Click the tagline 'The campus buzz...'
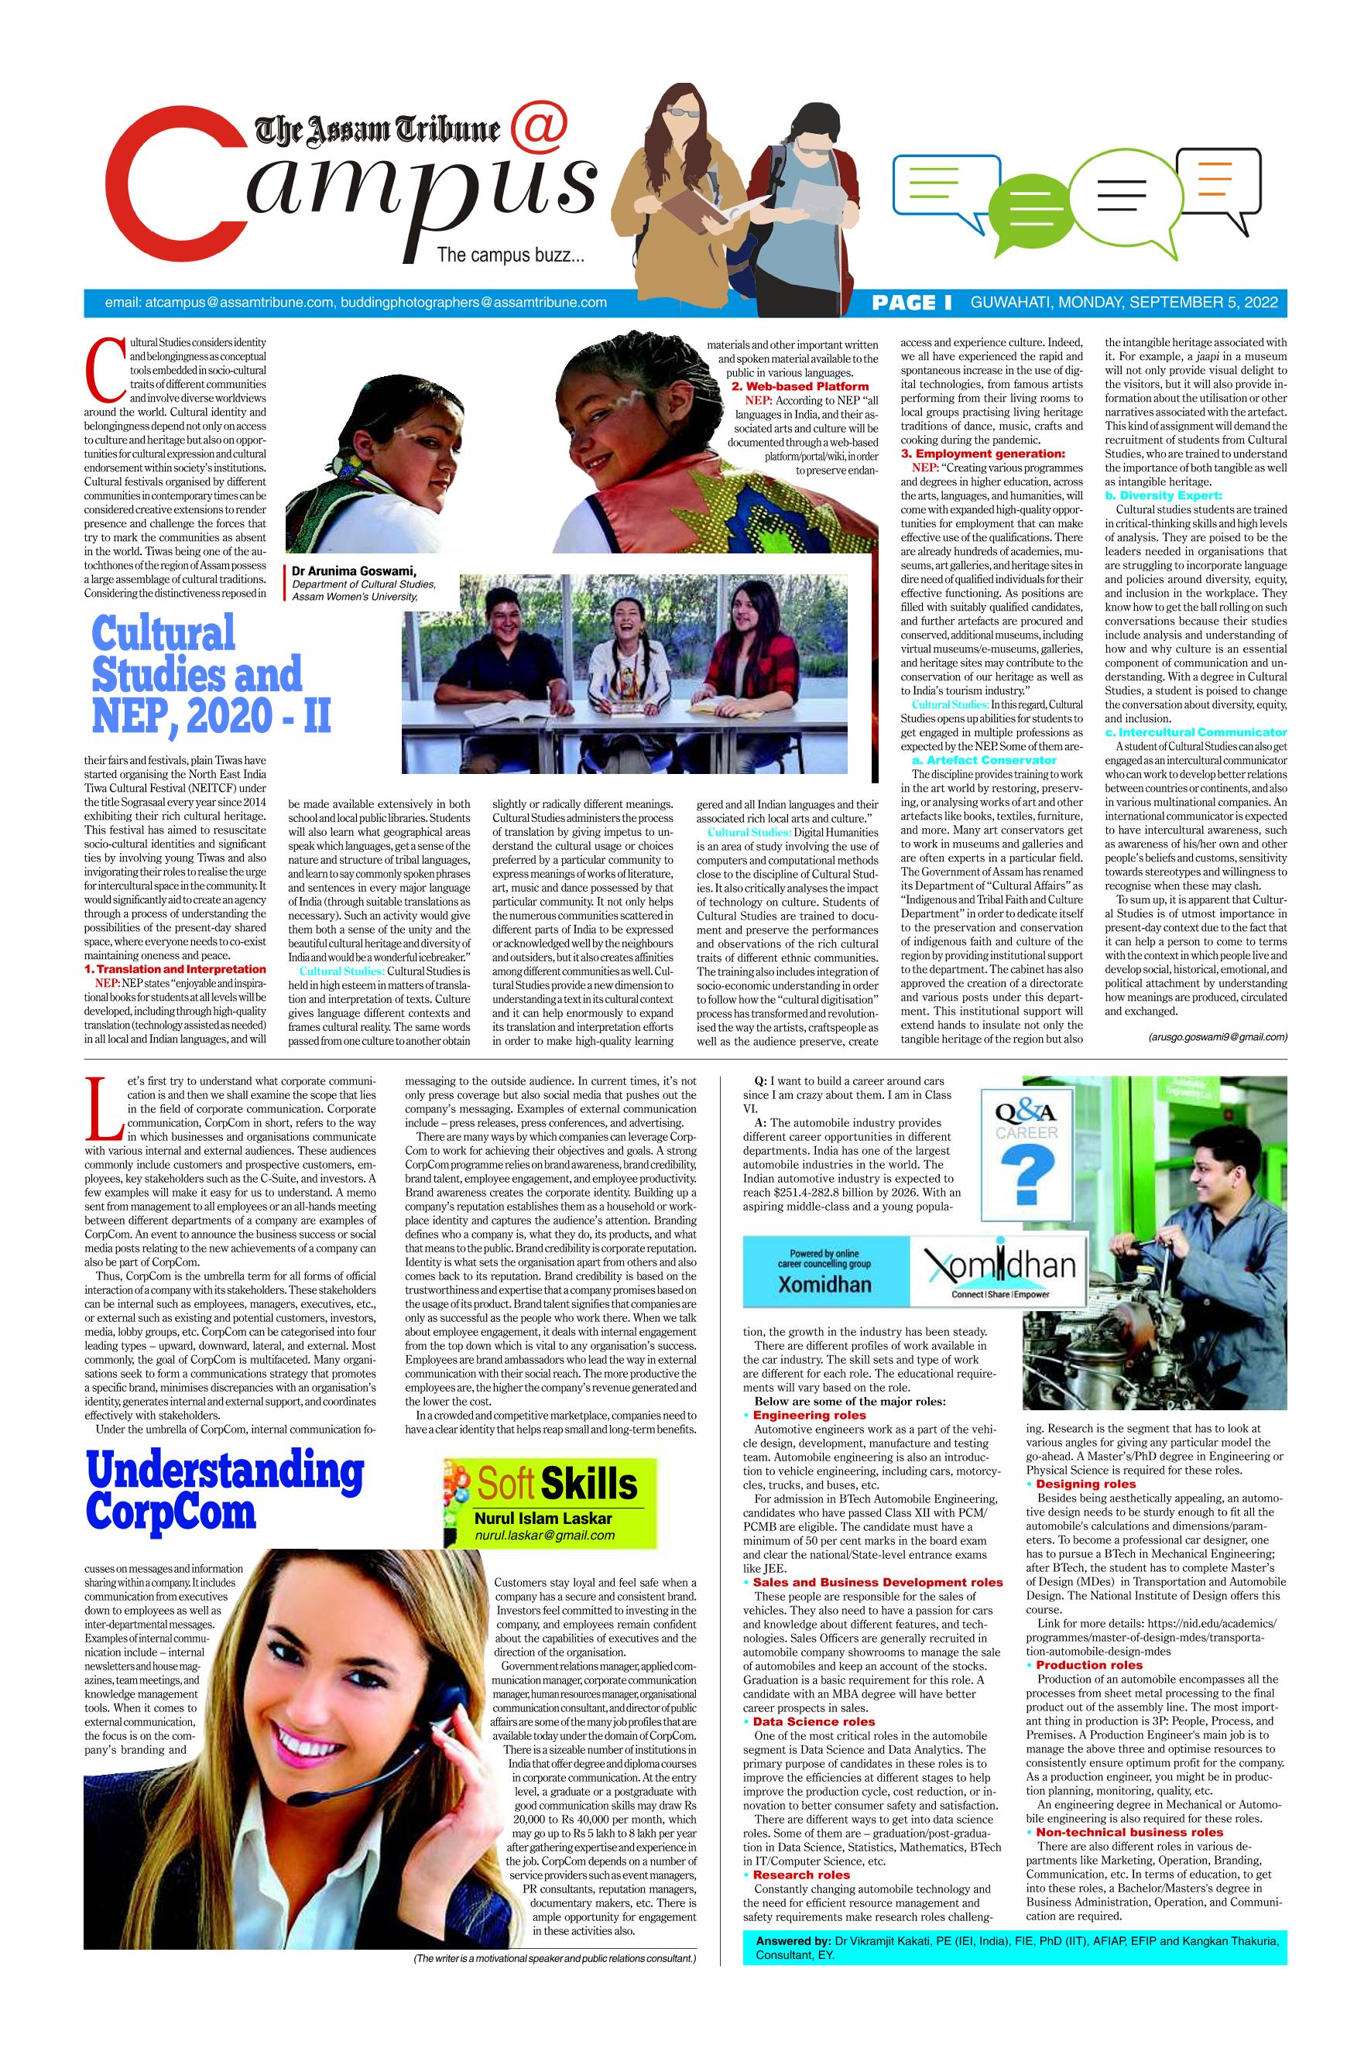[509, 255]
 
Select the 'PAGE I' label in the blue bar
[912, 303]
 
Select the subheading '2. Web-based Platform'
[800, 385]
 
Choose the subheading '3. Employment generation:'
[983, 454]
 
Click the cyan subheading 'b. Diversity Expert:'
[1163, 495]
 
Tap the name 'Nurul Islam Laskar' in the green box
[543, 1519]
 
